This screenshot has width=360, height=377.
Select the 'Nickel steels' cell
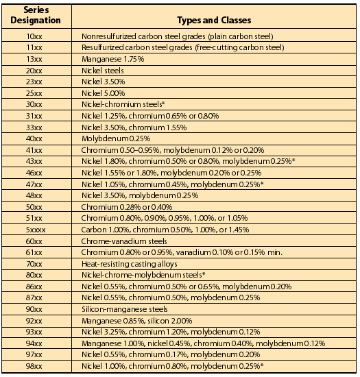point(101,71)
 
